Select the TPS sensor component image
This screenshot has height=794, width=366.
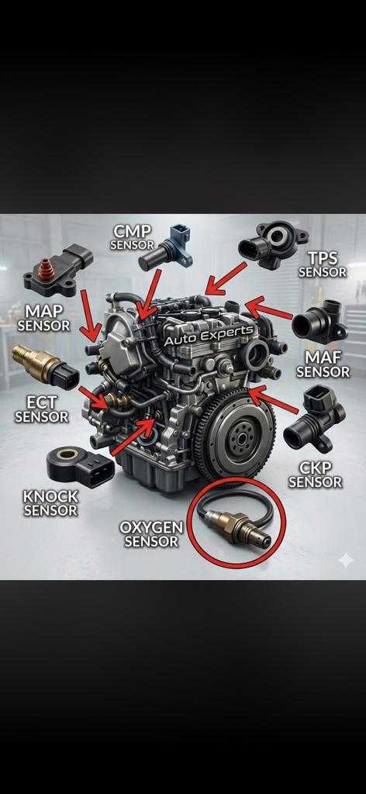[x=272, y=244]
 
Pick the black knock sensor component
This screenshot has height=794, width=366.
[x=80, y=466]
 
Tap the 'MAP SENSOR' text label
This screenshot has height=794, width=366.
[x=44, y=317]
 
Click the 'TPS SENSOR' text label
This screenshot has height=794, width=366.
[x=323, y=265]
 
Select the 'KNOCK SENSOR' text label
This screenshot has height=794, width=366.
[x=50, y=502]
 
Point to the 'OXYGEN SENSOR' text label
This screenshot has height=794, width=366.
[x=151, y=534]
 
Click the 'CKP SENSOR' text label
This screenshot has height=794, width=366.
[x=316, y=475]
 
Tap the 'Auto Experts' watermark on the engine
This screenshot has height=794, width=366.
[x=209, y=336]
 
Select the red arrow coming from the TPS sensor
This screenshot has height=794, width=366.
[x=226, y=278]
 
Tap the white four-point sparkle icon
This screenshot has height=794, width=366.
[x=347, y=560]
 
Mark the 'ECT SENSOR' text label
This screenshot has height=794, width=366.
[x=42, y=409]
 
